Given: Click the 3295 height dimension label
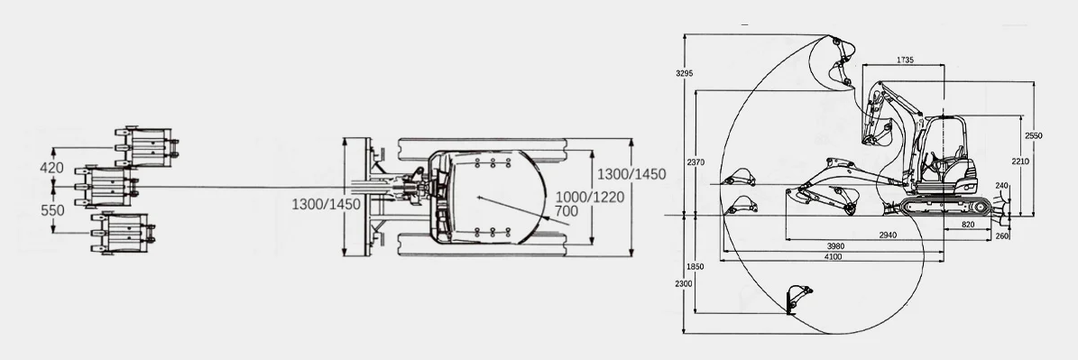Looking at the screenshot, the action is pos(684,73).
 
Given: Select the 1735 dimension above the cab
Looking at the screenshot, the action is pos(905,60).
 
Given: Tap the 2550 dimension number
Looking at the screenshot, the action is pos(1033,135).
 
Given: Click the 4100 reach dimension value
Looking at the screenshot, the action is pos(833,257).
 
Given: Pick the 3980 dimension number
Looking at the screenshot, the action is pos(835,246).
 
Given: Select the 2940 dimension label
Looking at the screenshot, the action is pos(888,235).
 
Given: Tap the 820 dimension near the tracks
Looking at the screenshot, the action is pos(968,225).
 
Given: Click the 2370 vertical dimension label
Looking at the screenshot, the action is pos(696,162).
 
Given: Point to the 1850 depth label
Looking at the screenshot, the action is pos(696,266).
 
